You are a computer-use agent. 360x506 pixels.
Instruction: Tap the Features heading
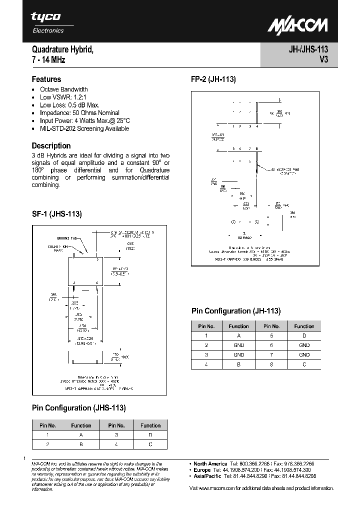pyautogui.click(x=46, y=79)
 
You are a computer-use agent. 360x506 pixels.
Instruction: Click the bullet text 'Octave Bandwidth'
pyautogui.click(x=63, y=89)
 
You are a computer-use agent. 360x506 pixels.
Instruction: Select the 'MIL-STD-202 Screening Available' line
pyautogui.click(x=84, y=128)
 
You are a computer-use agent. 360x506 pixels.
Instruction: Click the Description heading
pyautogui.click(x=51, y=145)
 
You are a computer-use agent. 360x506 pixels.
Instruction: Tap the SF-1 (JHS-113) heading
pyautogui.click(x=56, y=214)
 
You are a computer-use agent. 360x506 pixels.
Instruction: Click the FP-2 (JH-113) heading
pyautogui.click(x=213, y=79)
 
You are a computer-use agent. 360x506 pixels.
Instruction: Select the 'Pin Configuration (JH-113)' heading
pyautogui.click(x=236, y=311)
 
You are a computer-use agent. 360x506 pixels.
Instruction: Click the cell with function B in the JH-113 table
pyautogui.click(x=238, y=364)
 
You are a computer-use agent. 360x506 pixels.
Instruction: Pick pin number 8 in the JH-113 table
pyautogui.click(x=272, y=364)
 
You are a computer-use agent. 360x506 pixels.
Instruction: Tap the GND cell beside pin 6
pyautogui.click(x=304, y=345)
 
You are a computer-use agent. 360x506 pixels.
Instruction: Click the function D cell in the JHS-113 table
pyautogui.click(x=150, y=435)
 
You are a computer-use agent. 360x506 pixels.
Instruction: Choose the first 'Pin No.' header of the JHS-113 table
pyautogui.click(x=47, y=425)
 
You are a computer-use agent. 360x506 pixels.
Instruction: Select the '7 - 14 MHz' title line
pyautogui.click(x=48, y=60)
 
